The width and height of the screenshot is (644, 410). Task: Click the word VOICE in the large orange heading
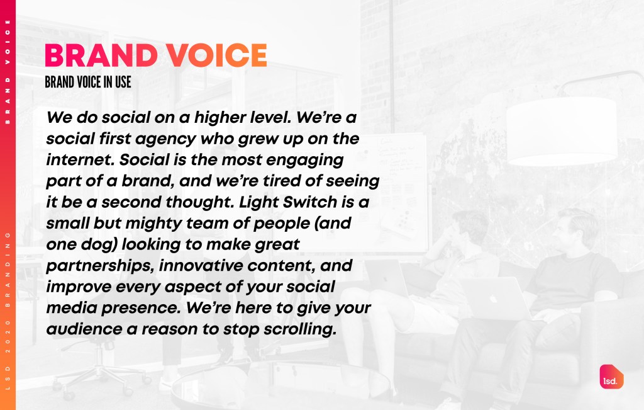pyautogui.click(x=216, y=55)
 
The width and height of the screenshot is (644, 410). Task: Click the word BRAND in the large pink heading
pyautogui.click(x=101, y=55)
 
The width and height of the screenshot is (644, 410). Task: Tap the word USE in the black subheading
pyautogui.click(x=123, y=82)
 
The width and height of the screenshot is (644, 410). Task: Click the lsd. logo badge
pyautogui.click(x=611, y=376)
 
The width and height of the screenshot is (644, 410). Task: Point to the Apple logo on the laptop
pyautogui.click(x=493, y=299)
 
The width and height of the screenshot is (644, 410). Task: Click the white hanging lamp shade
pyautogui.click(x=562, y=132)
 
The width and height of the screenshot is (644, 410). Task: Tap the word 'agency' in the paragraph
pyautogui.click(x=165, y=139)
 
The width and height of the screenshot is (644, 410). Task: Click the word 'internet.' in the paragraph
pyautogui.click(x=80, y=159)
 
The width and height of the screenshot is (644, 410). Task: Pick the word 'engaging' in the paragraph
pyautogui.click(x=304, y=161)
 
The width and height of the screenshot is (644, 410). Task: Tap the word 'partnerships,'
pyautogui.click(x=100, y=266)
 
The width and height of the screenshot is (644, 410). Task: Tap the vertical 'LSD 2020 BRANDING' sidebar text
pyautogui.click(x=8, y=311)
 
